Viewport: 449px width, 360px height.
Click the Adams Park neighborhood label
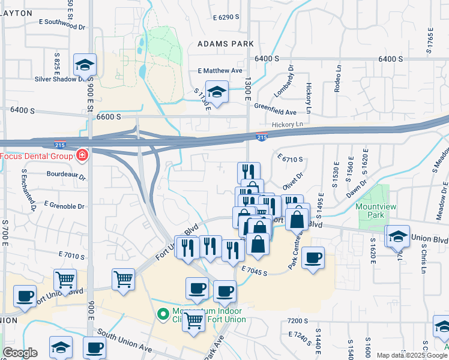tap(226, 44)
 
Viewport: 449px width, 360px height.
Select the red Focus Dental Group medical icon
tap(82, 157)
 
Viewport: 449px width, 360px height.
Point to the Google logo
tap(20, 353)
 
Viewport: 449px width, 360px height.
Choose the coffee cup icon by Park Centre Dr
tap(312, 258)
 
